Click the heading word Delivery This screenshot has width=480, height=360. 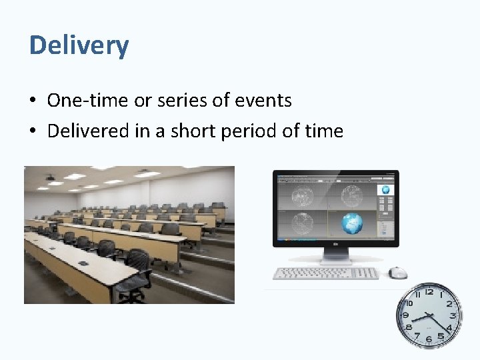(79, 45)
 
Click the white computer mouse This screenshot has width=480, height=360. (398, 273)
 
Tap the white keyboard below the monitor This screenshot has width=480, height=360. (326, 273)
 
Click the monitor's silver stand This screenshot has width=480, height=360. (336, 257)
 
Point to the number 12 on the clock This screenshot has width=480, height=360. (429, 291)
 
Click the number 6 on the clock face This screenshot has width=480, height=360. (429, 339)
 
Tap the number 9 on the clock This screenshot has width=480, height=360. (405, 315)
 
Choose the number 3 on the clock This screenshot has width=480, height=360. (453, 315)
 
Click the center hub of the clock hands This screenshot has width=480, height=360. (429, 315)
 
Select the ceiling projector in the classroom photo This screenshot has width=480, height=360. (51, 178)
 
